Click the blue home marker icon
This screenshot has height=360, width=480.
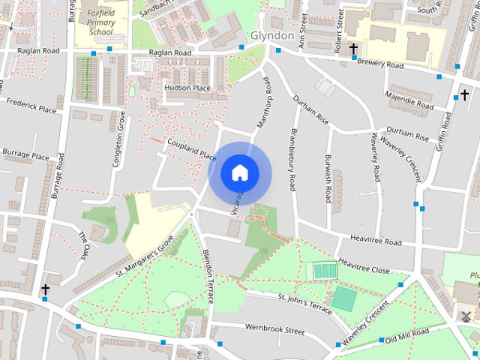pyautogui.click(x=239, y=172)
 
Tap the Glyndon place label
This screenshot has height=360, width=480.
pyautogui.click(x=271, y=36)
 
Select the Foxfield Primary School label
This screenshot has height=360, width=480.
pyautogui.click(x=100, y=22)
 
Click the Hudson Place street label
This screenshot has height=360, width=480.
pyautogui.click(x=187, y=88)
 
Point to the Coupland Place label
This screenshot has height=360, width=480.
pyautogui.click(x=191, y=148)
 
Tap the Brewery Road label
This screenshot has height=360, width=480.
pyautogui.click(x=380, y=65)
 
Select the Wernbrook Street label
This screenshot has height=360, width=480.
pyautogui.click(x=274, y=328)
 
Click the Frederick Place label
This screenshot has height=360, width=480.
pyautogui.click(x=31, y=105)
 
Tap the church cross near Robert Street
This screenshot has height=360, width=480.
pyautogui.click(x=353, y=48)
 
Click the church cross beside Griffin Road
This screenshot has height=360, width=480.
pyautogui.click(x=463, y=96)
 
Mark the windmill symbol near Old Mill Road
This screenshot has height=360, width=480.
pyautogui.click(x=466, y=316)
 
